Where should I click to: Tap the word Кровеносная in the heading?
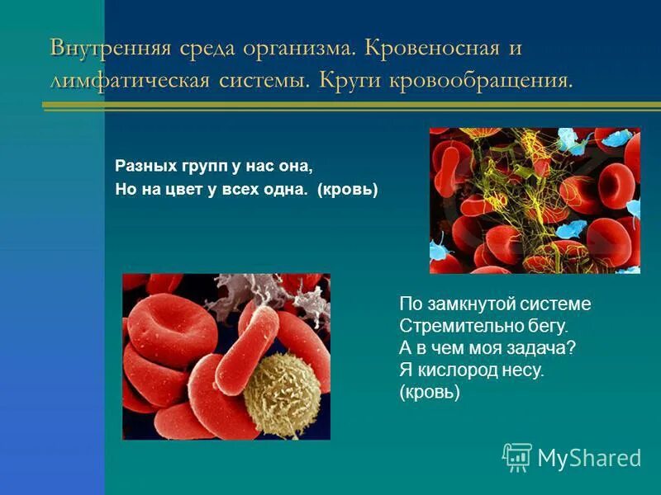point(429,47)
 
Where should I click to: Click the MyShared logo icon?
point(517,456)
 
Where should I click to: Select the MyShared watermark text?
point(589,458)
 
